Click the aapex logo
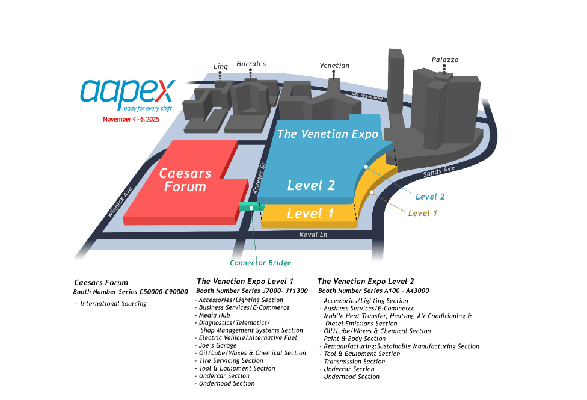click(128, 91)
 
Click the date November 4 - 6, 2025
click(131, 119)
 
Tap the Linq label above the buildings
click(221, 66)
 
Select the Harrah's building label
click(251, 63)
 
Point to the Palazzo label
click(444, 60)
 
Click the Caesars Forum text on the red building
click(185, 180)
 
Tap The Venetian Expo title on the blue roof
click(328, 134)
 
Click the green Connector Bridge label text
click(260, 263)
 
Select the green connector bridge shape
click(251, 206)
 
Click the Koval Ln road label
click(313, 235)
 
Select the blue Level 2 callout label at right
click(430, 197)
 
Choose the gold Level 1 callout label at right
click(423, 213)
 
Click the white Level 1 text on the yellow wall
click(310, 213)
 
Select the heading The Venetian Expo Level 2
click(366, 281)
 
